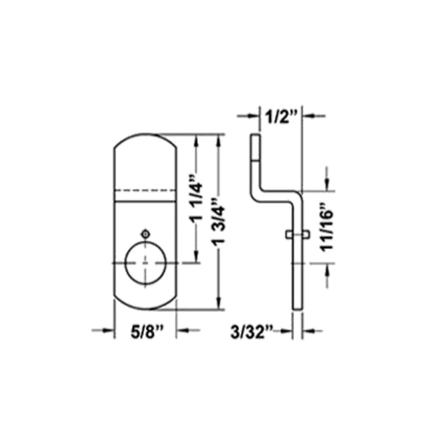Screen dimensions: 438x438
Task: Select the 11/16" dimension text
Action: (x=327, y=227)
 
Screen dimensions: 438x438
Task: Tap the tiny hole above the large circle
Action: (x=145, y=233)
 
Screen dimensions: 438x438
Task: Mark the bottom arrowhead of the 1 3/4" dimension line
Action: (x=217, y=305)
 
